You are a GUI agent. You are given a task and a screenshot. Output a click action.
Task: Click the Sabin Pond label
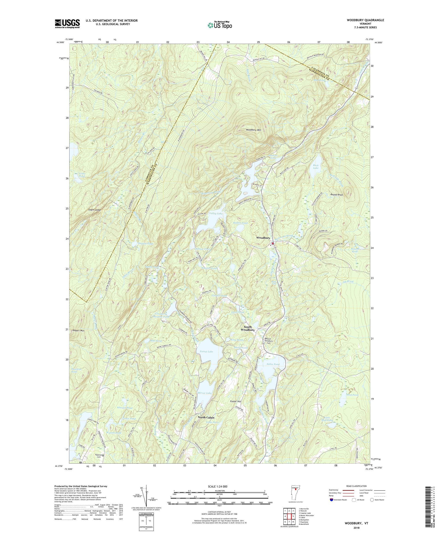tap(273, 364)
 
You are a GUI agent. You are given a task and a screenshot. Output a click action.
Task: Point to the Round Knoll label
tap(337, 195)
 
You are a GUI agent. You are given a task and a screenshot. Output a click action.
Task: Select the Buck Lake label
tap(316, 167)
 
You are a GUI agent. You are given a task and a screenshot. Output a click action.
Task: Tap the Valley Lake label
tap(216, 214)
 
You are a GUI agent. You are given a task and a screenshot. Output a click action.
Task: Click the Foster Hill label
tap(235, 408)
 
